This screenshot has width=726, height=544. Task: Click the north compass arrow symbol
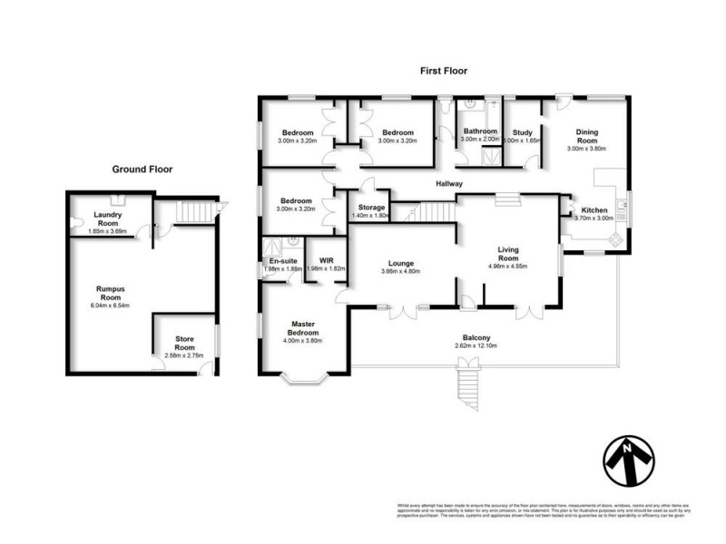pos(628,461)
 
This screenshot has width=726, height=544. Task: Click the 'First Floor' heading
pos(442,70)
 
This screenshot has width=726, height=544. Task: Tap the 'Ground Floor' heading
pos(142,169)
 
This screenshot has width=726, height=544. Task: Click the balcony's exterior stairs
pos(468,383)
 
